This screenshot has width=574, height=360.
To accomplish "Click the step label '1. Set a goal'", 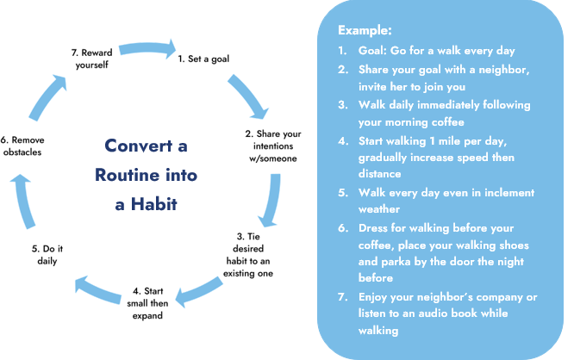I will click(x=203, y=59).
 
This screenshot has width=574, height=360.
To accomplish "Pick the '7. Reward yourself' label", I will click(x=90, y=59).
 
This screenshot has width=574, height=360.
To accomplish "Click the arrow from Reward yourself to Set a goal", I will click(x=148, y=44).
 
